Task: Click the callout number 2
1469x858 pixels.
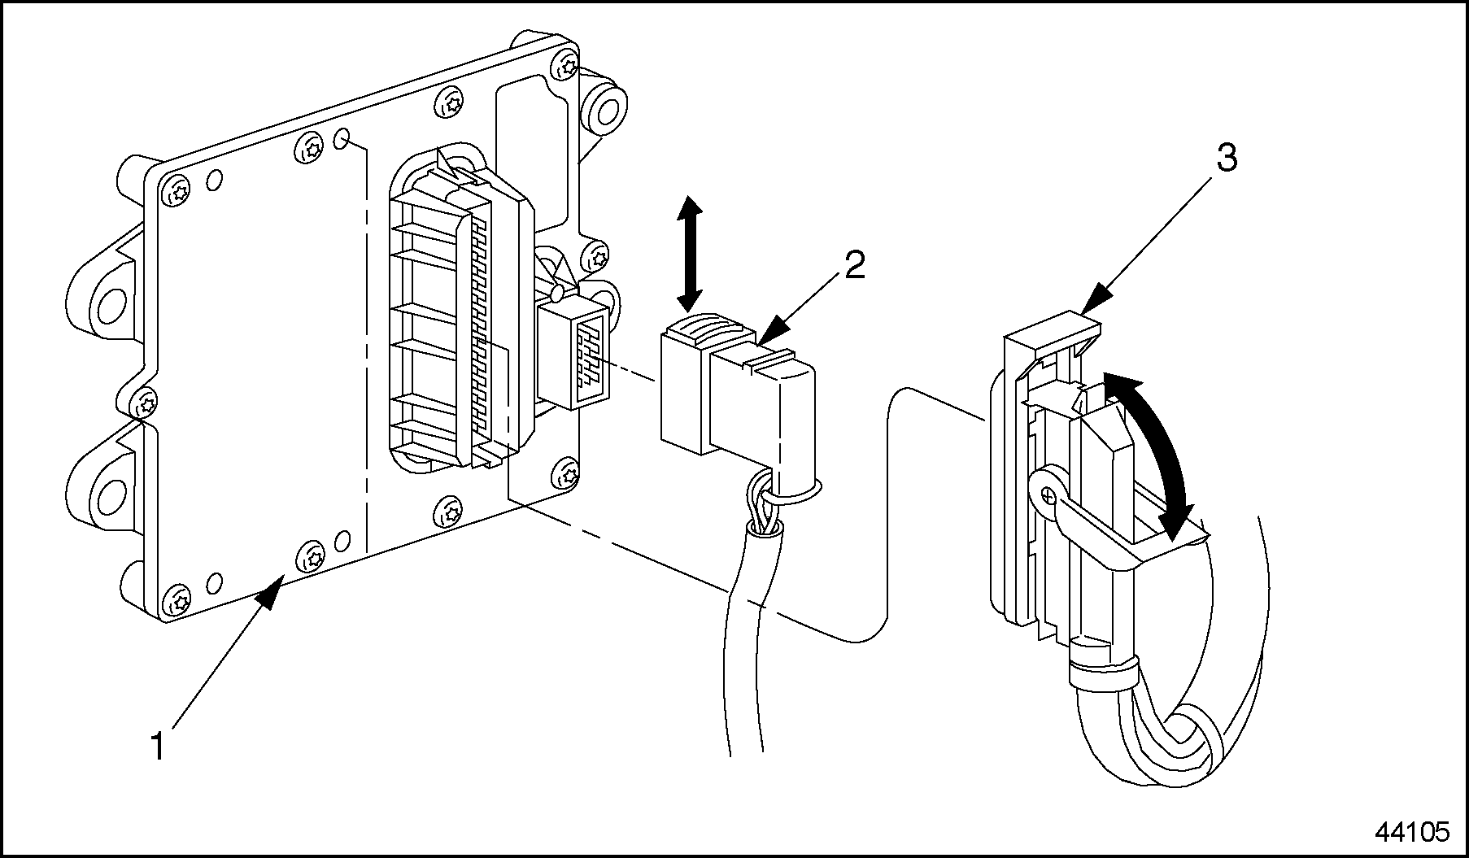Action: (x=854, y=265)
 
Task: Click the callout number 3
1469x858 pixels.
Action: (x=1226, y=159)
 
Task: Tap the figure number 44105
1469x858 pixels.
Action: (x=1413, y=832)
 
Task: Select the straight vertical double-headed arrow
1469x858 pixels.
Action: (x=690, y=254)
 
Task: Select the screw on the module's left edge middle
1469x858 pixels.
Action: (x=146, y=402)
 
